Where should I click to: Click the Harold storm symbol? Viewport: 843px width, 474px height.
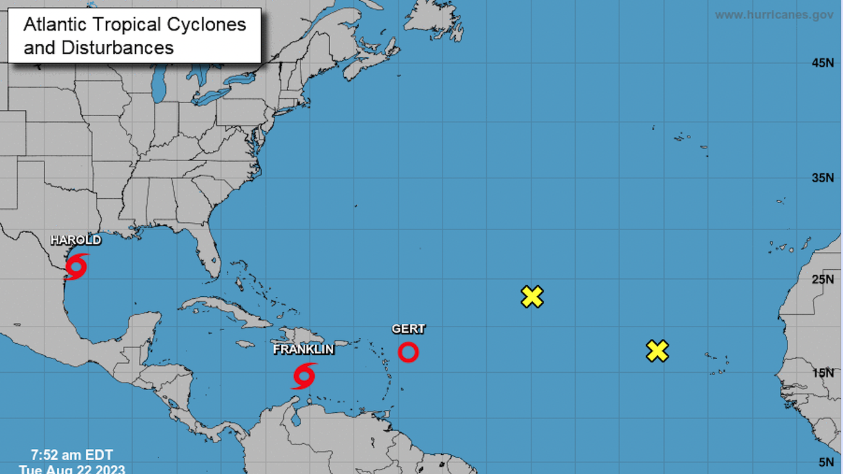[x=76, y=267]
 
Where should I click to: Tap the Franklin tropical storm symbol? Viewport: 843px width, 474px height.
[x=304, y=376]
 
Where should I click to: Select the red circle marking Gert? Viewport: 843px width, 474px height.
[x=408, y=352]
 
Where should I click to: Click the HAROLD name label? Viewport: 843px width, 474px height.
[x=75, y=240]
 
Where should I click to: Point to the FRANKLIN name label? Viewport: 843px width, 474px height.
[x=304, y=349]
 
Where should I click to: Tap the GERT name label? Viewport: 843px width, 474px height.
[x=409, y=329]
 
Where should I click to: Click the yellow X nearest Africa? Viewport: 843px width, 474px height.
[x=658, y=351]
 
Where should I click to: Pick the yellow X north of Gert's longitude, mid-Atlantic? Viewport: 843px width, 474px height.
[x=532, y=297]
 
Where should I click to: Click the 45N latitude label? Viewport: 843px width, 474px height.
[x=823, y=63]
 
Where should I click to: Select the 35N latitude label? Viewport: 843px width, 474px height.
[x=823, y=178]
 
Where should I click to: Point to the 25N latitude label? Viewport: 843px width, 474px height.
[x=823, y=280]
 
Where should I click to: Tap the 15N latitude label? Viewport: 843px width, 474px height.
[x=823, y=373]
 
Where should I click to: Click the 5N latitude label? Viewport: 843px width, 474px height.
[x=826, y=462]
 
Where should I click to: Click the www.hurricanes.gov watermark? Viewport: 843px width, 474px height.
[x=774, y=15]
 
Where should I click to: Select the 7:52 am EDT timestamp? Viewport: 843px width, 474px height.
[x=72, y=455]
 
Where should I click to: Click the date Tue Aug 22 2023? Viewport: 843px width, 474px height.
[x=72, y=469]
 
